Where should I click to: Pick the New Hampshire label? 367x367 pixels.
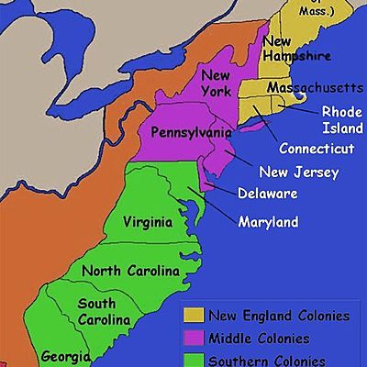coord(295,48)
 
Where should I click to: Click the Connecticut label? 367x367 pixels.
coord(315,148)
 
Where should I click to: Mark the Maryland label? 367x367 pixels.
coord(268,222)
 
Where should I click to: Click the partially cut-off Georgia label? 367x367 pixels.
coord(63,356)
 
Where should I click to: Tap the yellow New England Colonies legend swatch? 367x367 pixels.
coord(193,316)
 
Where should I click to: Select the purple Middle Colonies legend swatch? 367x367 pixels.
coord(193,338)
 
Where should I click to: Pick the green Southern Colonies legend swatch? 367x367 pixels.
coord(193,359)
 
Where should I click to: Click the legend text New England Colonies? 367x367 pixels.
coord(279,316)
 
